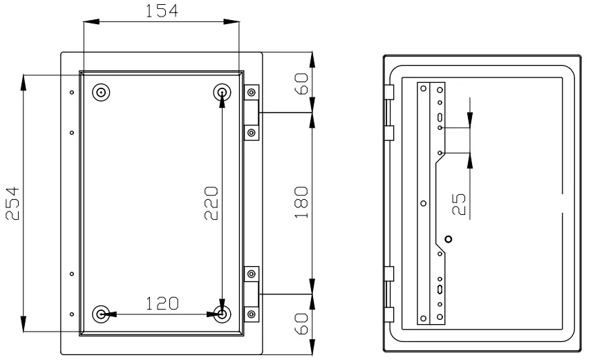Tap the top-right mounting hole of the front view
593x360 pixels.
[x=222, y=92]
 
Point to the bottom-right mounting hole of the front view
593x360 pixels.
[x=222, y=314]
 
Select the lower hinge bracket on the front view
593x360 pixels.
[x=251, y=294]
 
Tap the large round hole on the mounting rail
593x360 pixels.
[x=449, y=239]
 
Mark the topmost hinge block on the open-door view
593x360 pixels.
[x=388, y=93]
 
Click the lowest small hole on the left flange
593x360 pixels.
[x=72, y=314]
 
